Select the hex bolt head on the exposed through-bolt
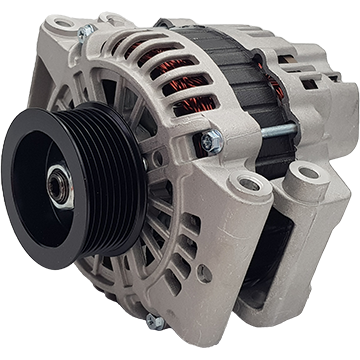click(x=210, y=142)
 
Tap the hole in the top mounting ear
click(x=62, y=21)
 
